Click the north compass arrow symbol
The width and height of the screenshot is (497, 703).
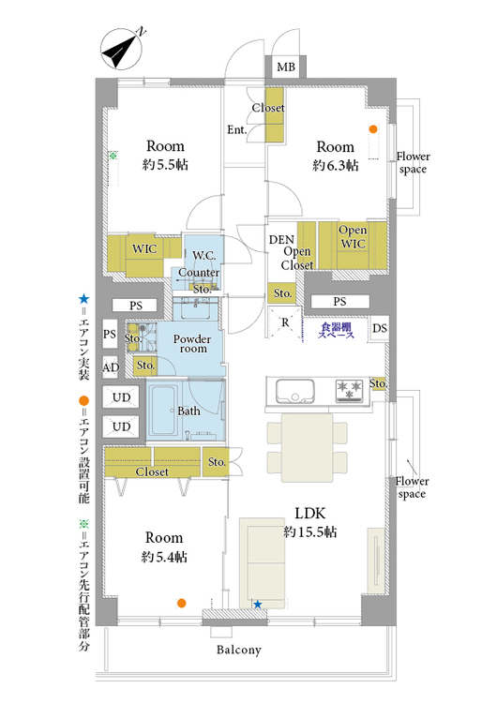pos(121,49)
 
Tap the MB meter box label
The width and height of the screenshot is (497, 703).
pos(286,67)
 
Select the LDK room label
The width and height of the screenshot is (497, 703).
pos(310,514)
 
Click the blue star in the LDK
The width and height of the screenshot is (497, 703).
pos(258,605)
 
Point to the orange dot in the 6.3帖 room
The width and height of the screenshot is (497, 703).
pos(373,129)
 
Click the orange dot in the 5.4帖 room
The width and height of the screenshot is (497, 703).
pos(181,603)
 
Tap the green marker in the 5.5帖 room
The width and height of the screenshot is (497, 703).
pos(113,156)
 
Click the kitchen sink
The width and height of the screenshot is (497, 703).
pos(294,392)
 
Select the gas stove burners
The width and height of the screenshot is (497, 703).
pos(350,390)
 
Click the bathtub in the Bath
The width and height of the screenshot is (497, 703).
pos(162,410)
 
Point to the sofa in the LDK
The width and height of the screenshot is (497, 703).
pos(262,562)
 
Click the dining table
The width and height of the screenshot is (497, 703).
pos(308,447)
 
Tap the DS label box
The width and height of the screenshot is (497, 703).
pos(380,328)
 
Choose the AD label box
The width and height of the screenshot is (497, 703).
pos(111,367)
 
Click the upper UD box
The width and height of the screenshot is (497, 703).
pos(121,397)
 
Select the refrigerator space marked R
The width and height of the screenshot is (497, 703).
pos(285,322)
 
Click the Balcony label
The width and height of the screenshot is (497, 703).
pos(238,650)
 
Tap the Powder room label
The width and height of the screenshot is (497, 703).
pos(192,344)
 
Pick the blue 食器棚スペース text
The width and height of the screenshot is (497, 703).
pos(336,331)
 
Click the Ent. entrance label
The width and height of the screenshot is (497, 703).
pos(237,130)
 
